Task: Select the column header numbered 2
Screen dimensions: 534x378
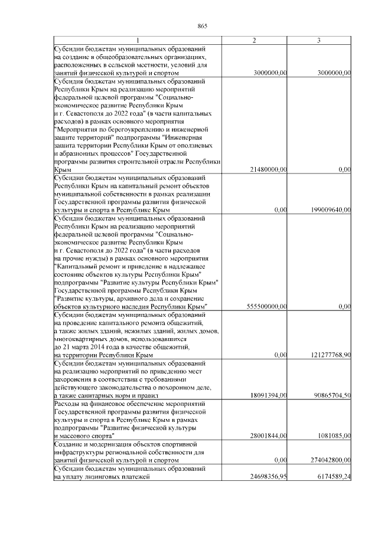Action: click(254, 40)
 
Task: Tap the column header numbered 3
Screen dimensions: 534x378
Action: click(319, 40)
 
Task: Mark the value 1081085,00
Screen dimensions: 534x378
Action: click(334, 435)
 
